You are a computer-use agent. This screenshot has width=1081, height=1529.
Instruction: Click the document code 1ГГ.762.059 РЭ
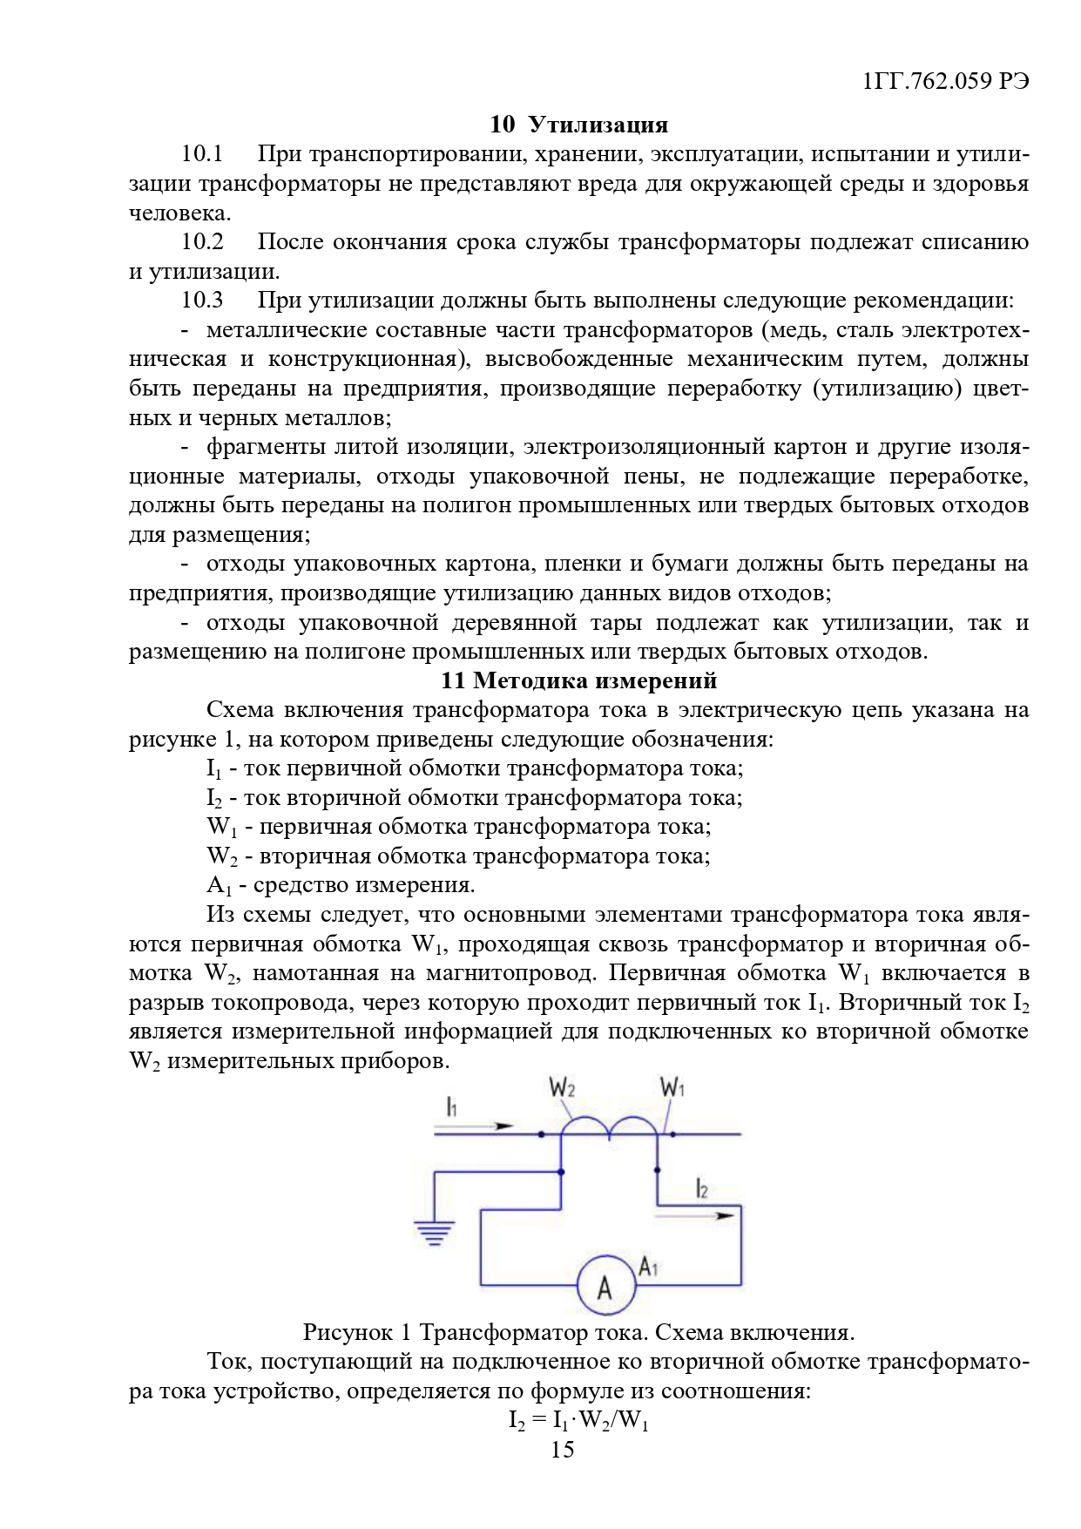(945, 81)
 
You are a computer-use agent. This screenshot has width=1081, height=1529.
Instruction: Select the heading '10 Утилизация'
(578, 125)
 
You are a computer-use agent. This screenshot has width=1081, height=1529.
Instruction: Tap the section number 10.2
(202, 241)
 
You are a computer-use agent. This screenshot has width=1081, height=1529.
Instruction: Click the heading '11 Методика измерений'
(578, 680)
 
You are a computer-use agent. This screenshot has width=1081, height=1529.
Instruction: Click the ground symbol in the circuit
(434, 1232)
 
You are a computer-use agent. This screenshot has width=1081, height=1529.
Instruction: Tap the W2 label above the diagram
(562, 1087)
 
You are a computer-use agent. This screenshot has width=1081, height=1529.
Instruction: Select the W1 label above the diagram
(672, 1087)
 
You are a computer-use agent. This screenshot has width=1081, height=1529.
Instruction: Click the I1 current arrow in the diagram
(475, 1126)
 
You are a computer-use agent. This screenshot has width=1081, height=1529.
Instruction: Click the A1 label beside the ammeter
(648, 1267)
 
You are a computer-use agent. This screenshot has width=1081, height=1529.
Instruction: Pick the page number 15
(563, 1450)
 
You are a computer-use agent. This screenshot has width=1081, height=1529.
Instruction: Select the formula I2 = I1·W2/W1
(578, 1421)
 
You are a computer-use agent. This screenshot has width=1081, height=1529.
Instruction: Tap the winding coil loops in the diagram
(609, 1126)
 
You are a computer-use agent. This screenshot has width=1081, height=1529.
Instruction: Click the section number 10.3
(202, 300)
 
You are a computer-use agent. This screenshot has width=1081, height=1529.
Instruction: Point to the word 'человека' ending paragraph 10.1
(179, 213)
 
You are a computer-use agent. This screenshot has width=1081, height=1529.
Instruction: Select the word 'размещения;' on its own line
(220, 534)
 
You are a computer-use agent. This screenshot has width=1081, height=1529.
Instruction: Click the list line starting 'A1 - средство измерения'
(341, 885)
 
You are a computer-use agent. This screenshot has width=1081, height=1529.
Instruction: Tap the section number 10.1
(202, 154)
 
